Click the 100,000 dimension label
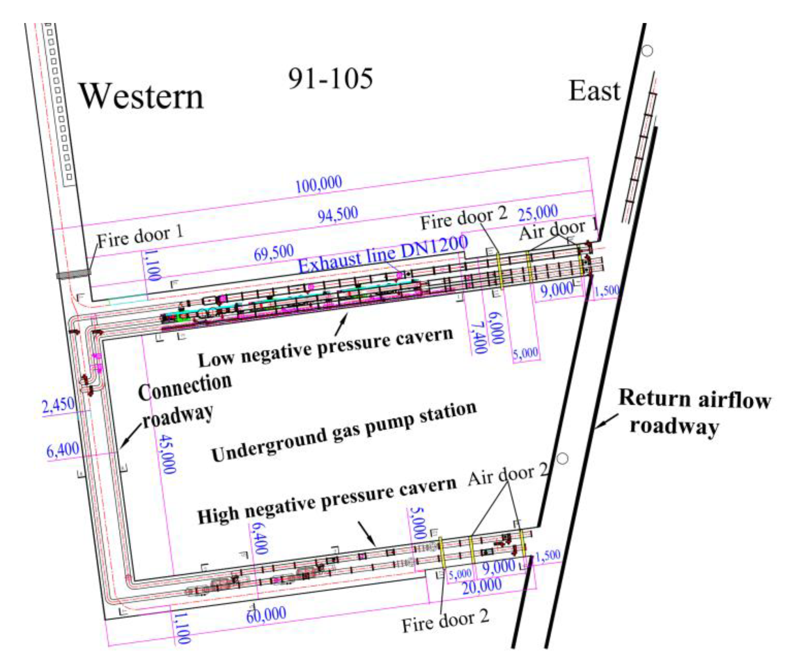point(318,184)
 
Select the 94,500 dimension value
point(338,215)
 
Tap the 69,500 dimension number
point(274,252)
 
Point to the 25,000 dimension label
point(538,213)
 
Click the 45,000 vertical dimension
point(167,454)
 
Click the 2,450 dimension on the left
point(58,406)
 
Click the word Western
point(142,97)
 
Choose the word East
point(594,91)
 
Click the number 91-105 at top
point(330,79)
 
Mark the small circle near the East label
point(647,50)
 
